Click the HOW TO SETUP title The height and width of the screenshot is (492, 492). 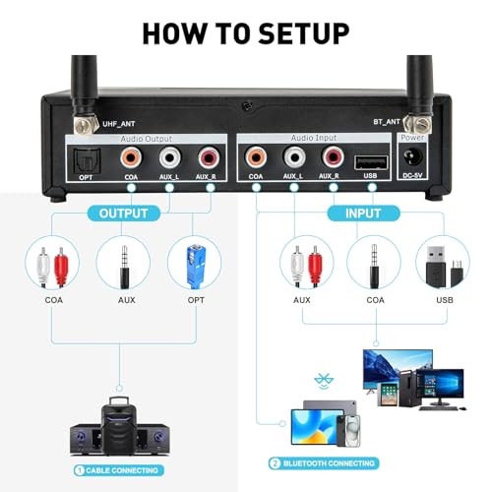pyautogui.click(x=246, y=31)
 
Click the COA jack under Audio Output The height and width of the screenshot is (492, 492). pyautogui.click(x=131, y=157)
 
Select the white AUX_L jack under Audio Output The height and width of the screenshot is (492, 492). pyautogui.click(x=169, y=157)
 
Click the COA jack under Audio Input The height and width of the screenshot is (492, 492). pyautogui.click(x=256, y=157)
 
